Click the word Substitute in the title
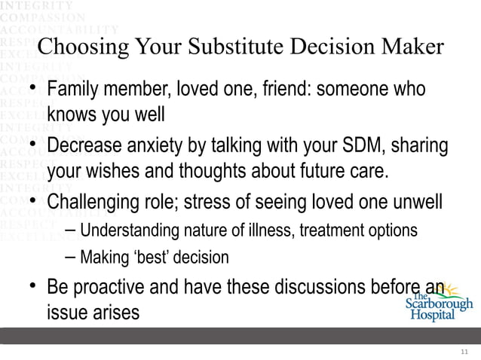[x=232, y=47]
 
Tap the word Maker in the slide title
[x=413, y=47]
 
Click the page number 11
[x=464, y=352]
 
